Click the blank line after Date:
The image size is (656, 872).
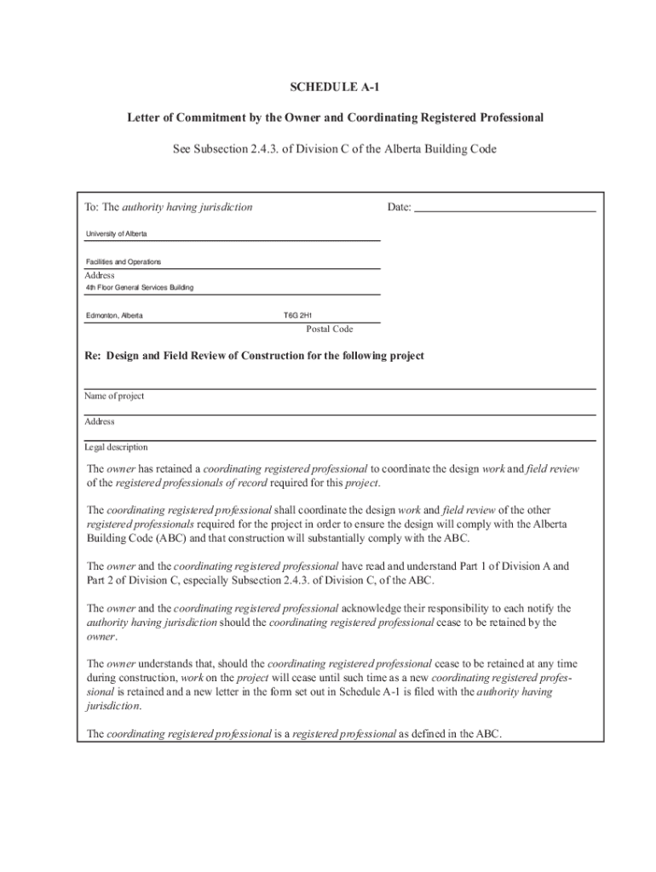pyautogui.click(x=505, y=207)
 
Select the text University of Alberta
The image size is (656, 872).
pyautogui.click(x=117, y=233)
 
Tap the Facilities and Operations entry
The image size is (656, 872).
pyautogui.click(x=124, y=261)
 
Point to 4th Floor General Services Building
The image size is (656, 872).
pyautogui.click(x=140, y=288)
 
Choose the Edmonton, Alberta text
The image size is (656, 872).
pyautogui.click(x=114, y=316)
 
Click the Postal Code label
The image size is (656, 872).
pyautogui.click(x=330, y=329)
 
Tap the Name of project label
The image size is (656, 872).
pyautogui.click(x=114, y=396)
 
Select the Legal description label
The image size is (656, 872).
pyautogui.click(x=116, y=447)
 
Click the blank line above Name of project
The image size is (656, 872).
pyautogui.click(x=339, y=387)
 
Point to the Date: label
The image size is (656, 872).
pyautogui.click(x=399, y=207)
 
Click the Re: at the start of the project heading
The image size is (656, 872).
pyautogui.click(x=93, y=355)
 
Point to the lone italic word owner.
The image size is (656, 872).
pyautogui.click(x=101, y=636)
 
